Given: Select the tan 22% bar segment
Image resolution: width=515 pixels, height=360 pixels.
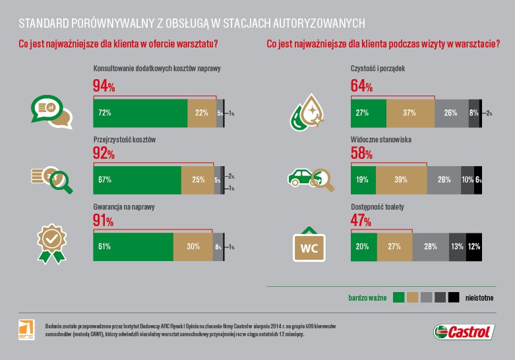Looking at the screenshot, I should click(202, 113).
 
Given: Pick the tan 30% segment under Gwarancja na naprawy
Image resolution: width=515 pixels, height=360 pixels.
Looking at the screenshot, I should click(193, 247).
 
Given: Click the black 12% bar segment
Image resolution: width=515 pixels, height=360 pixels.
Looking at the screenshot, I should click(474, 247).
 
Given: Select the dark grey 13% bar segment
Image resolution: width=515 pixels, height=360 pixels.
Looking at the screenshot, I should click(457, 247).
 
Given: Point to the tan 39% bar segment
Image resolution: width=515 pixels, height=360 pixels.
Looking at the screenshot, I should click(401, 180).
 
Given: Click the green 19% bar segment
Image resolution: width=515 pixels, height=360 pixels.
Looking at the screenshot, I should click(363, 180).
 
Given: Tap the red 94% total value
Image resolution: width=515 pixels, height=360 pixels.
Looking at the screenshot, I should click(104, 86).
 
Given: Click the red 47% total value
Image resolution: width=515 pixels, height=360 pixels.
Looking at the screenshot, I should click(361, 220).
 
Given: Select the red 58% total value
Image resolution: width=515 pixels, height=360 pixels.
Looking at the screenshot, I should click(361, 153).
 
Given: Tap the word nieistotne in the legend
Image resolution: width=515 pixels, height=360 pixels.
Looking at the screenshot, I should click(479, 297).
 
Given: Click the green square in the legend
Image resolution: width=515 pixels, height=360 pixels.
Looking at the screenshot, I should click(398, 297).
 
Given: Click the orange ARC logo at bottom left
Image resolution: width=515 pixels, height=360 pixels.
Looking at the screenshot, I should click(26, 330).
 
